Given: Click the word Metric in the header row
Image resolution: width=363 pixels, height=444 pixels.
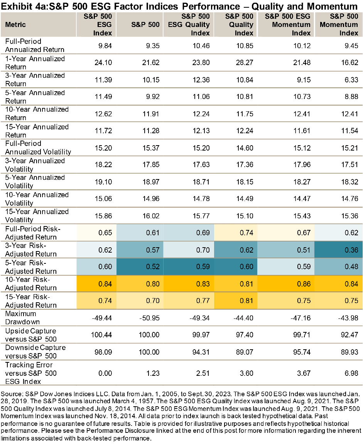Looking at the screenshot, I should point(16,25).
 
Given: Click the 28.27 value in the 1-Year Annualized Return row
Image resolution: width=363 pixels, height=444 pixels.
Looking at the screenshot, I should point(245,63).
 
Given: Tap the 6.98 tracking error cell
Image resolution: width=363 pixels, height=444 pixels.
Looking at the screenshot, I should point(351,373).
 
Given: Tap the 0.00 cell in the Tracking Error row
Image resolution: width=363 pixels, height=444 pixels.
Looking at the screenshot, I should point(105,373).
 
